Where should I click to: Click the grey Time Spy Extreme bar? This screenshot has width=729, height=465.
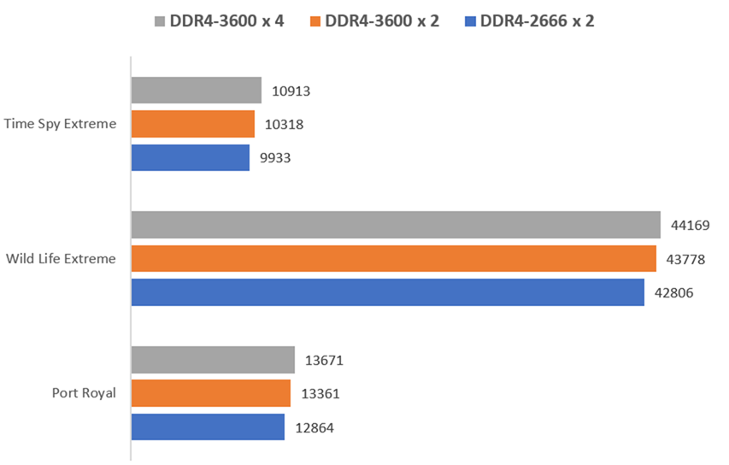click(196, 90)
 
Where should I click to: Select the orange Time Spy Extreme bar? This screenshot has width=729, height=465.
click(192, 124)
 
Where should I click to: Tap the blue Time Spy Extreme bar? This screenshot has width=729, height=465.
click(190, 157)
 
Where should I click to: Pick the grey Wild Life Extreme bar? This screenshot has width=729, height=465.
click(396, 225)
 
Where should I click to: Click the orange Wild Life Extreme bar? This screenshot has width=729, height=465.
click(393, 258)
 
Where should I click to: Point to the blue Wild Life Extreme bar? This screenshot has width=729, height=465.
click(387, 291)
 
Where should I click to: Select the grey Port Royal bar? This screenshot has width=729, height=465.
click(213, 360)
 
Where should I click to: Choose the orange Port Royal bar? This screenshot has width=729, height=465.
click(211, 393)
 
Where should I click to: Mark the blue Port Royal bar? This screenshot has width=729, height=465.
click(208, 427)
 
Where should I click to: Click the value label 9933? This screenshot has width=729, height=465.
click(273, 158)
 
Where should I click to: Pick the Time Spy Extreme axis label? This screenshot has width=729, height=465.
click(60, 124)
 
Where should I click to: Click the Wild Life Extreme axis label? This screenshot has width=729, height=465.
click(60, 258)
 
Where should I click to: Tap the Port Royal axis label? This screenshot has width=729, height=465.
click(83, 393)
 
